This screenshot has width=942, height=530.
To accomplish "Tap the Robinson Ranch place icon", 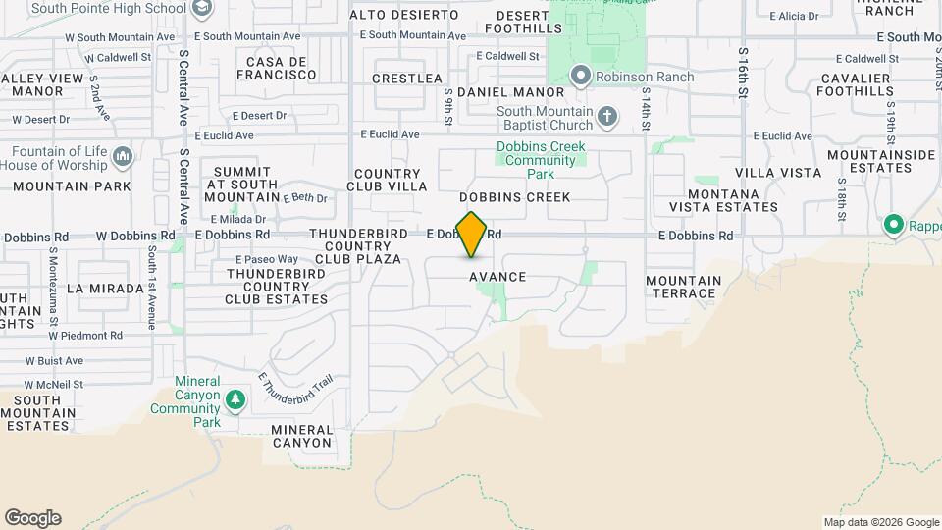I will (581, 76).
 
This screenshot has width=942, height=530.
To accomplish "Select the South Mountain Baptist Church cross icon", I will (607, 118).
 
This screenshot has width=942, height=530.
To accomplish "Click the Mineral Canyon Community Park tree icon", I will (235, 399).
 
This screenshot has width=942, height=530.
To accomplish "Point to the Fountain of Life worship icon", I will (123, 156).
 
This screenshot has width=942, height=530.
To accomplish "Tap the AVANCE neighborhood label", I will (497, 278).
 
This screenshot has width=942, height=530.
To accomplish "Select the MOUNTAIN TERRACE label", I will (683, 287).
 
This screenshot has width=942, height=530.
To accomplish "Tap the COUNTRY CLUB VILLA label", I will (392, 180).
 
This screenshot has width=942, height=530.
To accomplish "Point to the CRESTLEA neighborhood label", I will (408, 78).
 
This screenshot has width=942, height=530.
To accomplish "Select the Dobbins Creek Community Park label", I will (541, 160).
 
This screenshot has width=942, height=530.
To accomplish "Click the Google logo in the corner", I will (32, 518).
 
